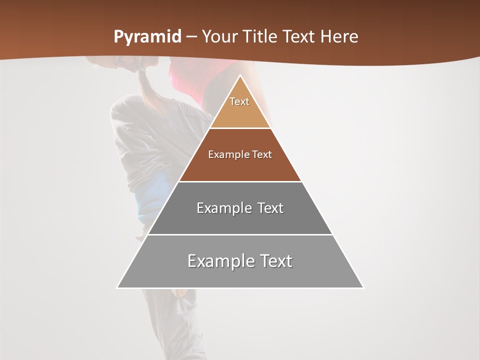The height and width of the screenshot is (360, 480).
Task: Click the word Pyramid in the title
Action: [x=147, y=37]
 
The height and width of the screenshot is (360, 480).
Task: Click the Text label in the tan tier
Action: [x=239, y=101]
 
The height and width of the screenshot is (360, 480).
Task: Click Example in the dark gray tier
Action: [x=218, y=208]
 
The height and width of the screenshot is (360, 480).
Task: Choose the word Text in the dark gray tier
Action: [x=271, y=208]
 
